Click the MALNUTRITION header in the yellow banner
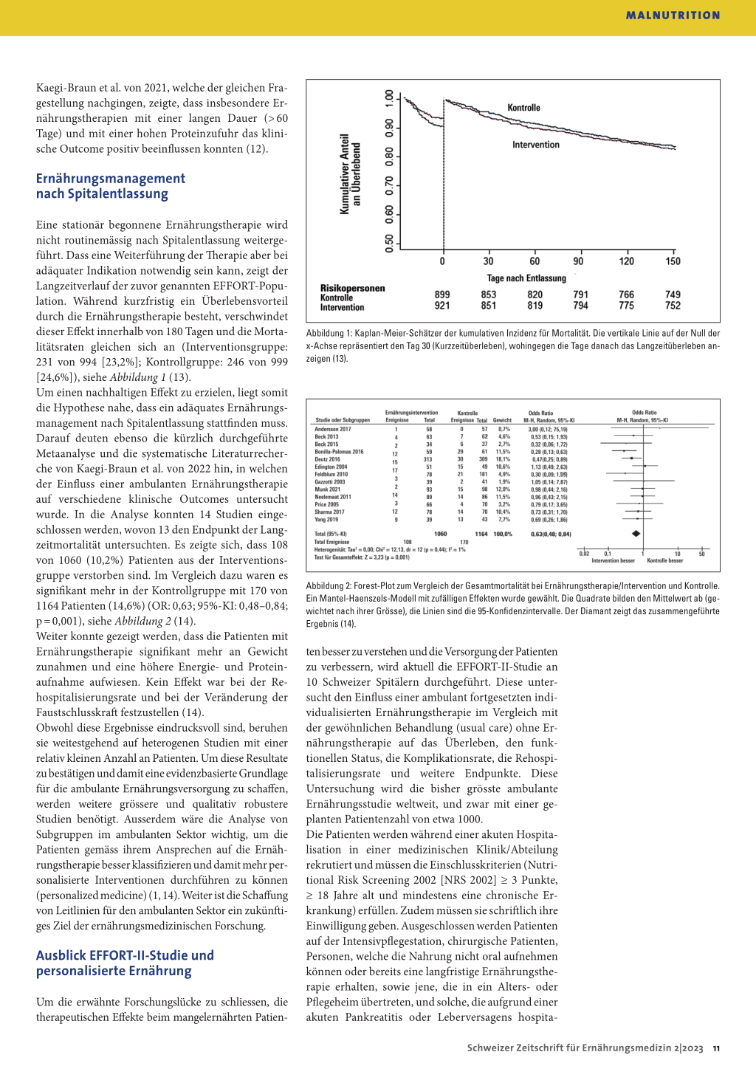coord(673,16)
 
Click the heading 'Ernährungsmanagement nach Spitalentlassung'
coord(110,186)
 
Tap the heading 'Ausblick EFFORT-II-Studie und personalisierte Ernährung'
coord(125,963)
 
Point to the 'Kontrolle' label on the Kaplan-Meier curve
coord(523,108)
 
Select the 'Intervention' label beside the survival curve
coord(536,145)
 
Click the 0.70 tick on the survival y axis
coord(389,185)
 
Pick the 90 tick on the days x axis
coord(578,261)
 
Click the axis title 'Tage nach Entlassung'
coord(526,278)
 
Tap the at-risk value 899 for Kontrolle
coord(442,295)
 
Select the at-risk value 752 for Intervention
coord(673,306)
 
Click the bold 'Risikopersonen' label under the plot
coord(352,289)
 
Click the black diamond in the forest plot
coord(636,534)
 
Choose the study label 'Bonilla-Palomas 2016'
coord(339,452)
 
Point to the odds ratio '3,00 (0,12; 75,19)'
coord(548,429)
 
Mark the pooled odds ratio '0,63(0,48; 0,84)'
coord(551,534)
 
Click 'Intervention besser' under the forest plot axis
coord(613,560)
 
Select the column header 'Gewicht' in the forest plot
coord(502,420)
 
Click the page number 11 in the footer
coord(716,1048)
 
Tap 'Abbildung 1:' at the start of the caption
coord(329,334)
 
